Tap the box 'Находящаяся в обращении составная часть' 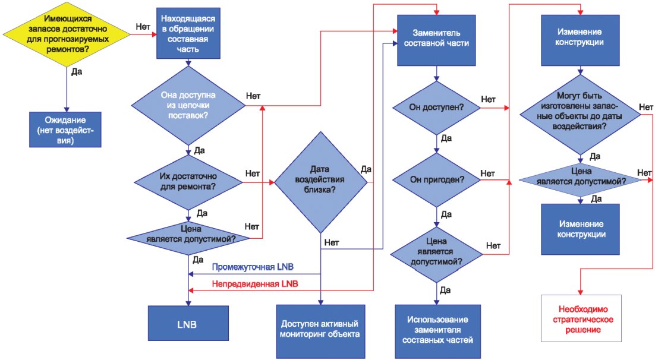coord(187,33)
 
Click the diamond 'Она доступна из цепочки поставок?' coord(188,106)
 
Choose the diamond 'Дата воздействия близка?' coord(321,182)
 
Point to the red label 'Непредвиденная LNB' coord(255,284)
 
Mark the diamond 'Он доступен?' coord(437,108)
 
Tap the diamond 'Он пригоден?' coord(437,180)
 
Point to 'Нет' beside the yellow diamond coord(143,27)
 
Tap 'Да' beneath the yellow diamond coord(77,72)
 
